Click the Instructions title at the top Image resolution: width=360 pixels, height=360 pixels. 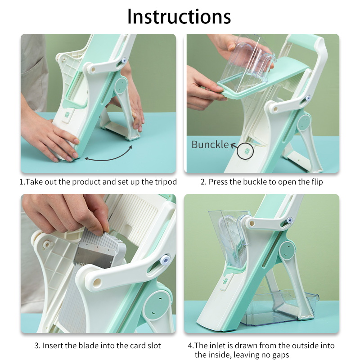[x=179, y=16]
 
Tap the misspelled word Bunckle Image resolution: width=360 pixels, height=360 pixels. [x=210, y=144]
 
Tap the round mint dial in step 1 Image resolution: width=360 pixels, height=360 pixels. [x=121, y=85]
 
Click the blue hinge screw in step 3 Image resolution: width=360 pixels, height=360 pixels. [x=165, y=260]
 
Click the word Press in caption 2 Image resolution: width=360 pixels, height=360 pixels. [x=217, y=182]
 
